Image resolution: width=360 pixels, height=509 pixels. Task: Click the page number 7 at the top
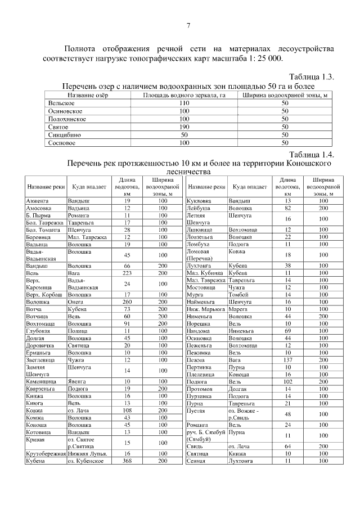click(188, 25)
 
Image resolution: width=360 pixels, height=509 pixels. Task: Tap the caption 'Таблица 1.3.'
click(312, 76)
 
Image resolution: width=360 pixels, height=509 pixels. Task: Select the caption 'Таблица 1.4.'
click(312, 154)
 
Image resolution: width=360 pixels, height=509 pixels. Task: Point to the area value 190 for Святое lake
click(184, 127)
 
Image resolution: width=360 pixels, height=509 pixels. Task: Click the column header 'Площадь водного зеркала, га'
click(184, 96)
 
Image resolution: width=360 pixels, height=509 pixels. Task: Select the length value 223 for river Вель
click(127, 272)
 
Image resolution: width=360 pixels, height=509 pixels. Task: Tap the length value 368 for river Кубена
click(127, 461)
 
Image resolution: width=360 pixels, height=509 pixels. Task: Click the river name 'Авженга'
click(37, 200)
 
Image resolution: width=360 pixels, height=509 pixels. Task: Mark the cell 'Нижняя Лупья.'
click(87, 453)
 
